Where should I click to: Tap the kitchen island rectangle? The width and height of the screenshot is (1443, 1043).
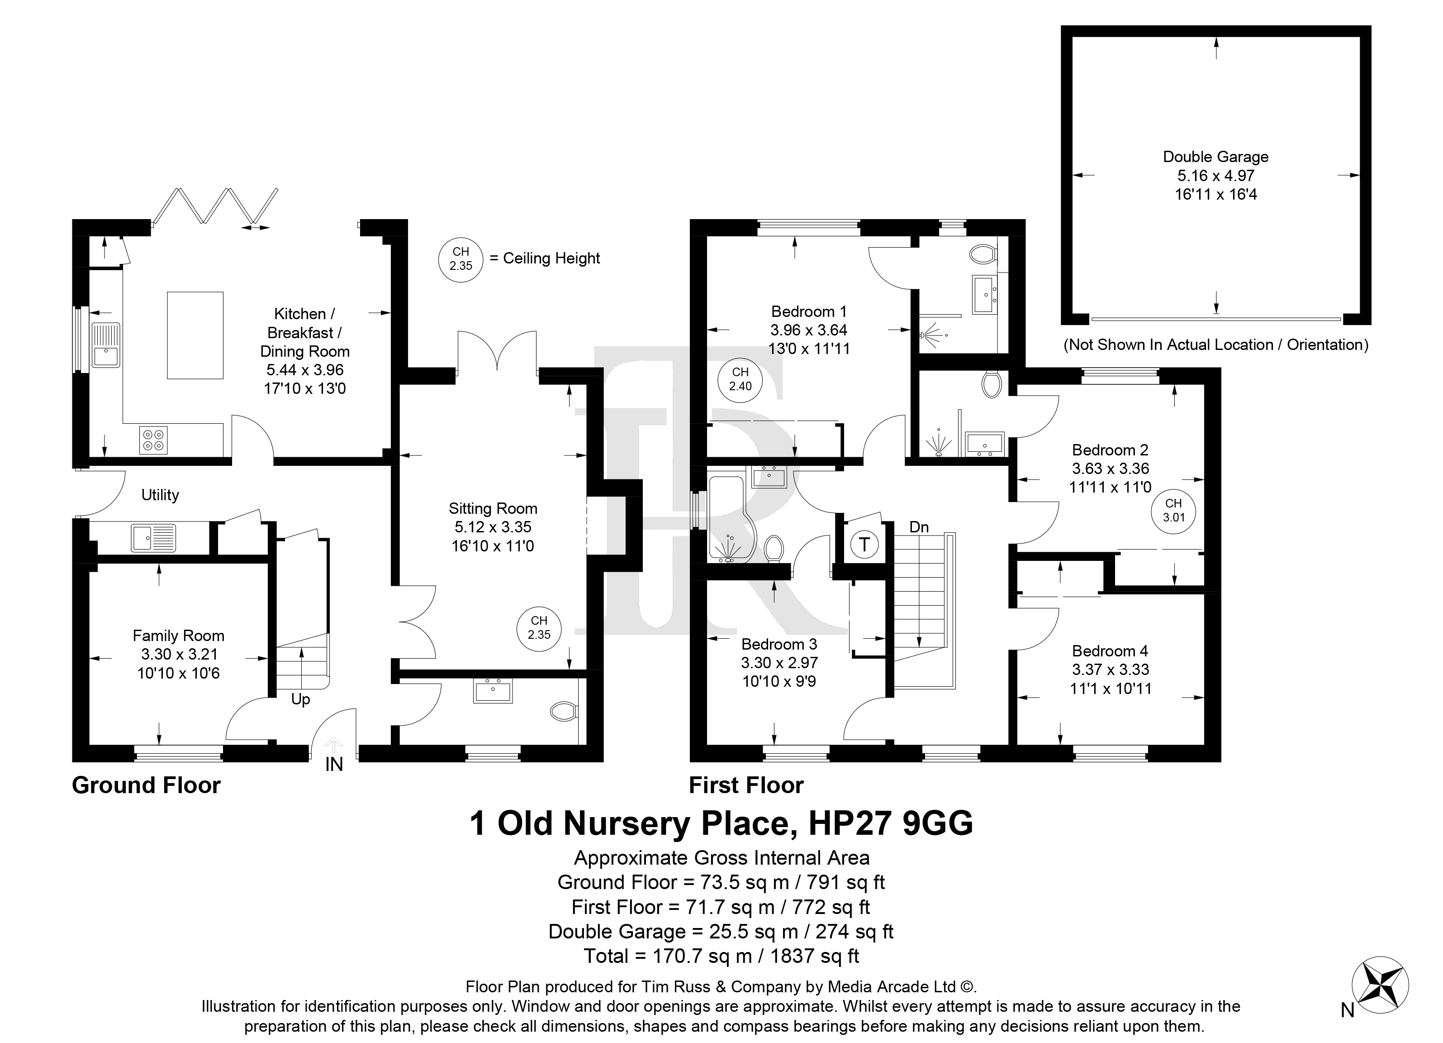(x=195, y=335)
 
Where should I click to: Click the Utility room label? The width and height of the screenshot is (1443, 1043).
(x=160, y=495)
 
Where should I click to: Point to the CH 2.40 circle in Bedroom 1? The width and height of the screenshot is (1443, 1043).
(x=740, y=379)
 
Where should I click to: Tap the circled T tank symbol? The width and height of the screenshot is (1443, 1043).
(x=864, y=545)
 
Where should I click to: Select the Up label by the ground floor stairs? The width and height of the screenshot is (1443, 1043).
(x=300, y=700)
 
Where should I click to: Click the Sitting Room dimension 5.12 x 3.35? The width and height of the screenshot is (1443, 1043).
(x=493, y=527)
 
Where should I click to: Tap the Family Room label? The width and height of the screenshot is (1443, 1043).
(x=178, y=636)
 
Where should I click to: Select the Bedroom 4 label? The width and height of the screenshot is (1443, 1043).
(x=1110, y=651)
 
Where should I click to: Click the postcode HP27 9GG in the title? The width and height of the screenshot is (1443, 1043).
(x=891, y=823)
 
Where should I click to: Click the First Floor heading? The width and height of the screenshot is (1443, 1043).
(x=746, y=785)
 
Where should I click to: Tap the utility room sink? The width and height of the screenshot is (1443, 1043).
(x=153, y=537)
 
